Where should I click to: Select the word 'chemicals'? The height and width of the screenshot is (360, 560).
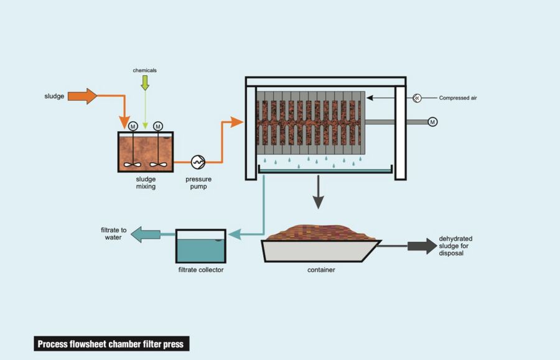(x=144, y=70)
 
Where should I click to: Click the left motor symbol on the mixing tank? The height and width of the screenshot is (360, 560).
(x=133, y=126)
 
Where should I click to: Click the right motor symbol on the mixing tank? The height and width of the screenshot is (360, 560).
(x=157, y=126)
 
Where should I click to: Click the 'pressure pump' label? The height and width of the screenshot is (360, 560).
(x=198, y=183)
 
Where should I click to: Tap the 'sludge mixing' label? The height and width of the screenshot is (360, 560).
(x=146, y=183)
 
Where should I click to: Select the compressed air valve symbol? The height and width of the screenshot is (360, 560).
(x=417, y=98)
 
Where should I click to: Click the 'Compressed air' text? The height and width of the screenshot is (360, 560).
(x=457, y=98)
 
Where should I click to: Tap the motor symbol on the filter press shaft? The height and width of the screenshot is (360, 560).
(x=432, y=122)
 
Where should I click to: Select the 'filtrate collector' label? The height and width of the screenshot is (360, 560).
(x=201, y=270)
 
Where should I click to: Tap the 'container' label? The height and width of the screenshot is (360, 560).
(x=321, y=270)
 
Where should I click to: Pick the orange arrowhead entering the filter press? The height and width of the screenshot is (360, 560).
(x=236, y=122)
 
